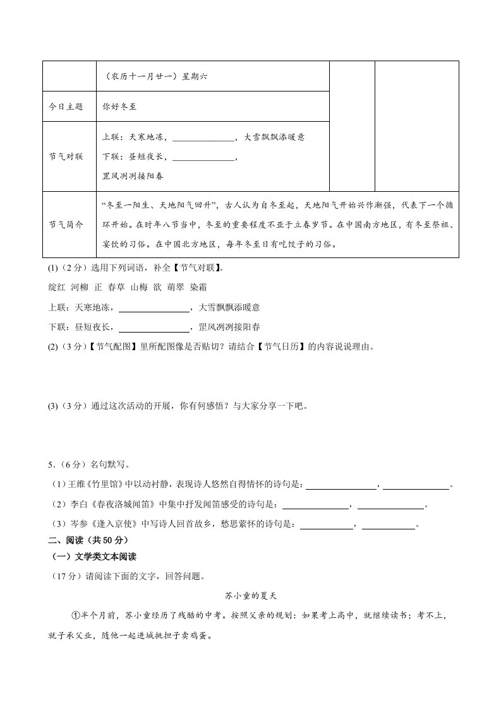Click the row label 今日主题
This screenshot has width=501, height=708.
[66, 107]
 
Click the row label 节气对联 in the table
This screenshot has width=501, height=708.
[66, 156]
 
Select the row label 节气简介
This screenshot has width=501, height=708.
[66, 225]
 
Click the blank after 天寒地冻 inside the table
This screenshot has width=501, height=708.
[202, 137]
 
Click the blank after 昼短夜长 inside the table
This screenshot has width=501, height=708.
[202, 156]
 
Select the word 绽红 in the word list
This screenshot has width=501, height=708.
[56, 287]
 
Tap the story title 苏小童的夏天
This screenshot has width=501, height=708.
[251, 595]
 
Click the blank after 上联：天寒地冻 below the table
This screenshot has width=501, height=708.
[154, 307]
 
